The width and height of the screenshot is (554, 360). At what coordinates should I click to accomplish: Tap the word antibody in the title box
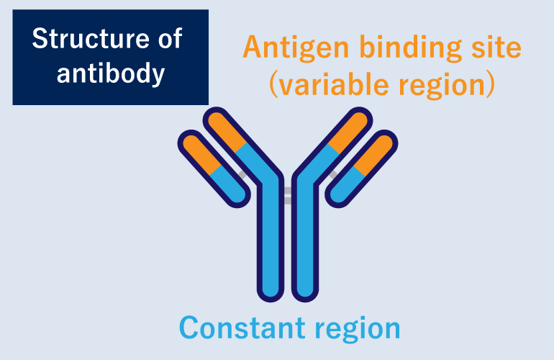110,73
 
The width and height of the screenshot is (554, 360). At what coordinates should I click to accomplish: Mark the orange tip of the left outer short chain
198,150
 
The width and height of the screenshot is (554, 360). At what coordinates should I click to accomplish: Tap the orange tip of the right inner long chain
350,130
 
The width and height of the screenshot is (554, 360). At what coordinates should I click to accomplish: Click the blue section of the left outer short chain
228,184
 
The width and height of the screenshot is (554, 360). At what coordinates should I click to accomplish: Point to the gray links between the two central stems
287,195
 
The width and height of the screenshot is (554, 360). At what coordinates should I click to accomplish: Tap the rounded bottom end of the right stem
304,289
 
